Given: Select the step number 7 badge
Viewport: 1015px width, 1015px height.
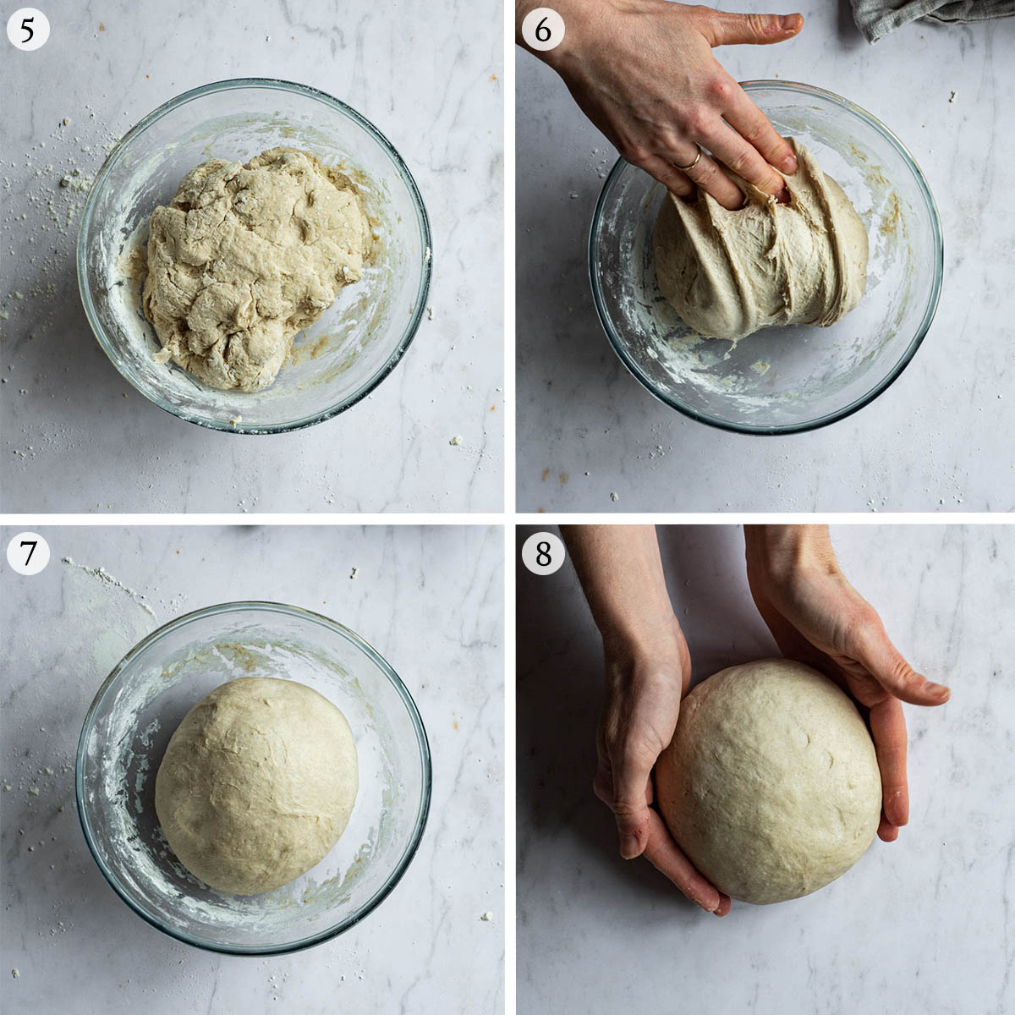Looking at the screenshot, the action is pos(28,553).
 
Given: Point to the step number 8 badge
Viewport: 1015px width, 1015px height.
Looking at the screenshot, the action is pos(543,553).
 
